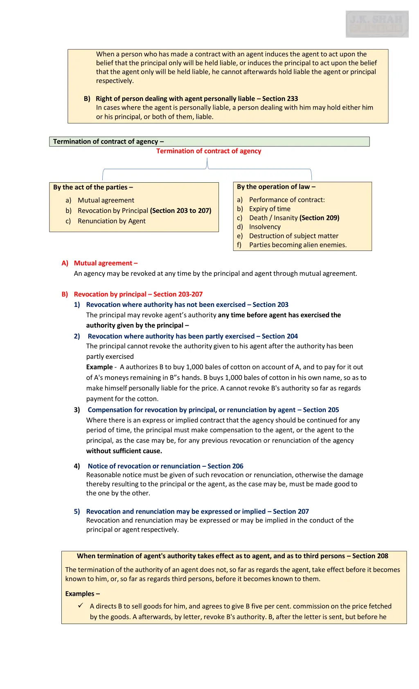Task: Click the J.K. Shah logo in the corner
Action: click(x=377, y=24)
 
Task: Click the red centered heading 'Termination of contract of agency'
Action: click(x=208, y=151)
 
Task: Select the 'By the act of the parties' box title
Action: click(x=93, y=187)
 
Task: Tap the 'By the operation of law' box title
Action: click(x=276, y=187)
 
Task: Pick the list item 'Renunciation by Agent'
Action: click(x=111, y=221)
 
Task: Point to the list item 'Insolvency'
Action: click(x=265, y=227)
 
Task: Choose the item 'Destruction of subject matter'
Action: click(x=293, y=236)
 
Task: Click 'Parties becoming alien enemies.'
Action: click(x=297, y=245)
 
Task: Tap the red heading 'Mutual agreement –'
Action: click(x=106, y=263)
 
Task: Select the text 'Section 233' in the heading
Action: click(x=280, y=98)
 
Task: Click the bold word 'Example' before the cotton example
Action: click(x=99, y=367)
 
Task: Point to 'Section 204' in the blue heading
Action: click(x=279, y=336)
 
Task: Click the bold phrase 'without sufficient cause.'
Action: click(x=124, y=451)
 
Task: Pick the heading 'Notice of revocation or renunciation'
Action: click(x=144, y=466)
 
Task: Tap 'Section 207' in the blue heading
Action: click(x=291, y=511)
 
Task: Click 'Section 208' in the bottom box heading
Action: click(x=370, y=556)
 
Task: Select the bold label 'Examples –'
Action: click(x=82, y=594)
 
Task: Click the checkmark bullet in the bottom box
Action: click(x=81, y=606)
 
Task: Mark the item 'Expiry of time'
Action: click(x=270, y=209)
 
